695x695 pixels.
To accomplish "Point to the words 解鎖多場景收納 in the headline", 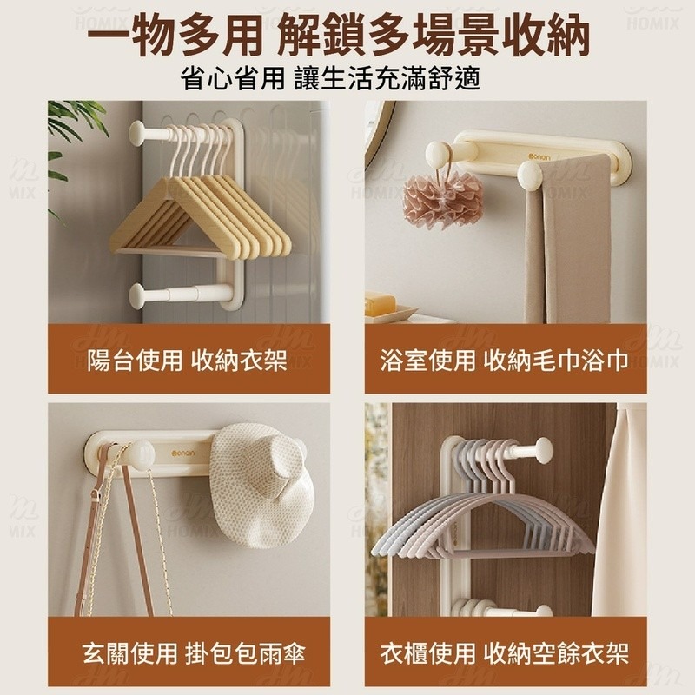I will pos(438,36).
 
